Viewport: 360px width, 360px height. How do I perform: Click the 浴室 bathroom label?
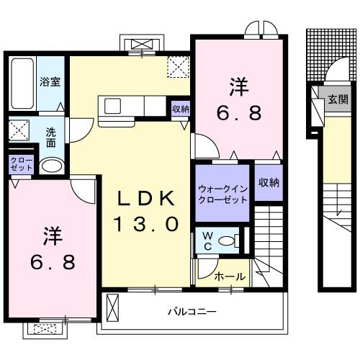click(50, 81)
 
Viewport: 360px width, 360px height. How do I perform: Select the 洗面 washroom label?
click(52, 137)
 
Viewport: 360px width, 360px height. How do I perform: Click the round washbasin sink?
click(50, 166)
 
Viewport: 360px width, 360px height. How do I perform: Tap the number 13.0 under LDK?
click(145, 224)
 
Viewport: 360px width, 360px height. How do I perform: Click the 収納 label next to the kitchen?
click(181, 109)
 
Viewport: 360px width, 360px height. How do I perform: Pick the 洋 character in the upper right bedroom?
click(240, 87)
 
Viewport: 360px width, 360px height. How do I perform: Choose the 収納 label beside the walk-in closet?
click(269, 183)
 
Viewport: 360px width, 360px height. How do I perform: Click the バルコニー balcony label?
click(192, 312)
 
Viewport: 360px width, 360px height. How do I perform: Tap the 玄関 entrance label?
click(338, 99)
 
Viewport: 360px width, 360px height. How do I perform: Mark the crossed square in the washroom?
click(19, 133)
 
